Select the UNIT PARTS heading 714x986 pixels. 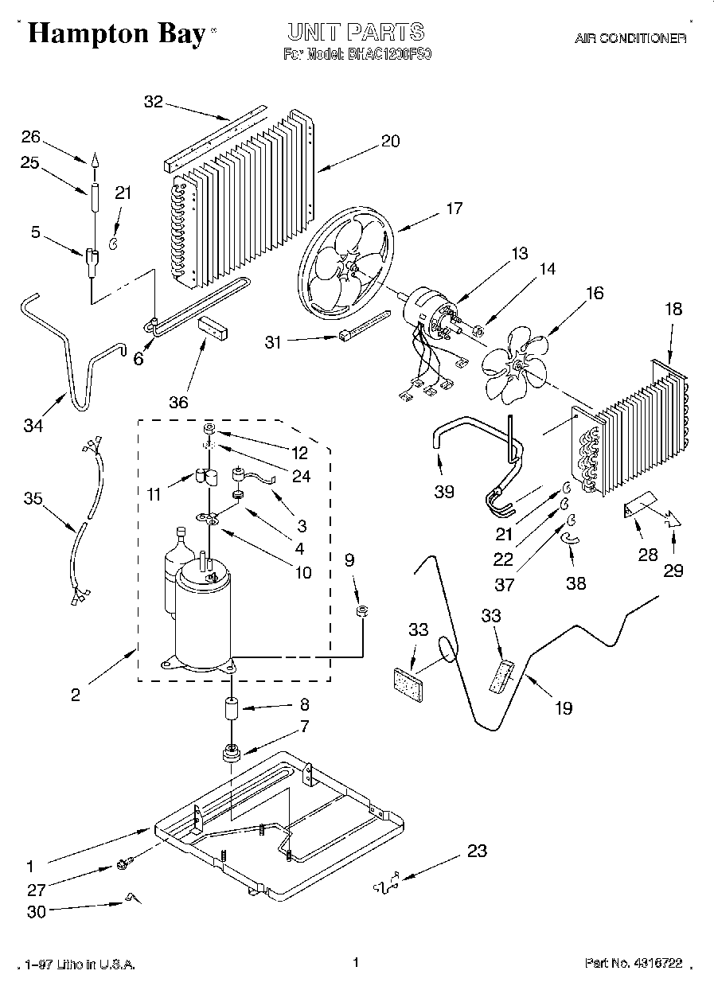355,33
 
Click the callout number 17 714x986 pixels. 454,209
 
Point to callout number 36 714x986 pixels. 179,402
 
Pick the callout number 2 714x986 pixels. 76,695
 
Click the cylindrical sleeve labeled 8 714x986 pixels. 232,707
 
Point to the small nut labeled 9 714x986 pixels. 361,611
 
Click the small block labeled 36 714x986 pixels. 213,326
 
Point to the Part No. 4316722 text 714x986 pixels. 634,963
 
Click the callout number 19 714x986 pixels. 564,707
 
